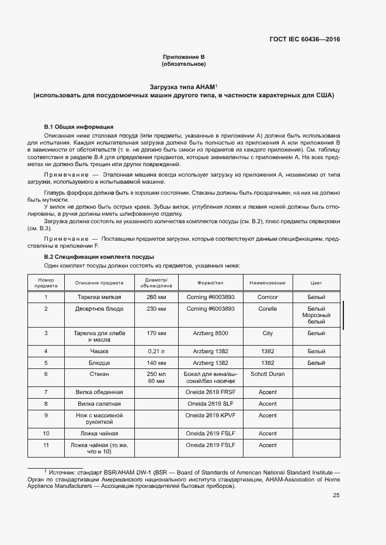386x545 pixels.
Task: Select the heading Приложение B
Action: pyautogui.click(x=183, y=57)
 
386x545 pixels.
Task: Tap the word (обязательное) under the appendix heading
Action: pyautogui.click(x=183, y=64)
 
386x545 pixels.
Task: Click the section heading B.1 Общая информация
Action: pyautogui.click(x=79, y=126)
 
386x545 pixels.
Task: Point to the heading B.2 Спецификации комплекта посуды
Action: pyautogui.click(x=99, y=256)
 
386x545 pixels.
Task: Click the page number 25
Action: pyautogui.click(x=336, y=495)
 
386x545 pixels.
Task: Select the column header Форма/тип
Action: pyautogui.click(x=210, y=283)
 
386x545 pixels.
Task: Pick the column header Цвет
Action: pyautogui.click(x=316, y=283)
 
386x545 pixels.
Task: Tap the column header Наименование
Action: pyautogui.click(x=267, y=283)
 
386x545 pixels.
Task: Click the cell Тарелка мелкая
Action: pyautogui.click(x=99, y=297)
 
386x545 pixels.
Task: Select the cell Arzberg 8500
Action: pyautogui.click(x=210, y=333)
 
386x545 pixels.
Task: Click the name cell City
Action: pyautogui.click(x=267, y=333)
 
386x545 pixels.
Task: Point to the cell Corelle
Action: pyautogui.click(x=267, y=308)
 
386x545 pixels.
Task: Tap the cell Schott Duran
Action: pyautogui.click(x=267, y=374)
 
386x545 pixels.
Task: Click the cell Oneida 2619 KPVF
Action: pyautogui.click(x=210, y=416)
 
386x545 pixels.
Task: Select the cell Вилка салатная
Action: pyautogui.click(x=99, y=403)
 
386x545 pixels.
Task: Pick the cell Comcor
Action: pyautogui.click(x=267, y=297)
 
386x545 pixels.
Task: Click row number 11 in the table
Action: pyautogui.click(x=46, y=445)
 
